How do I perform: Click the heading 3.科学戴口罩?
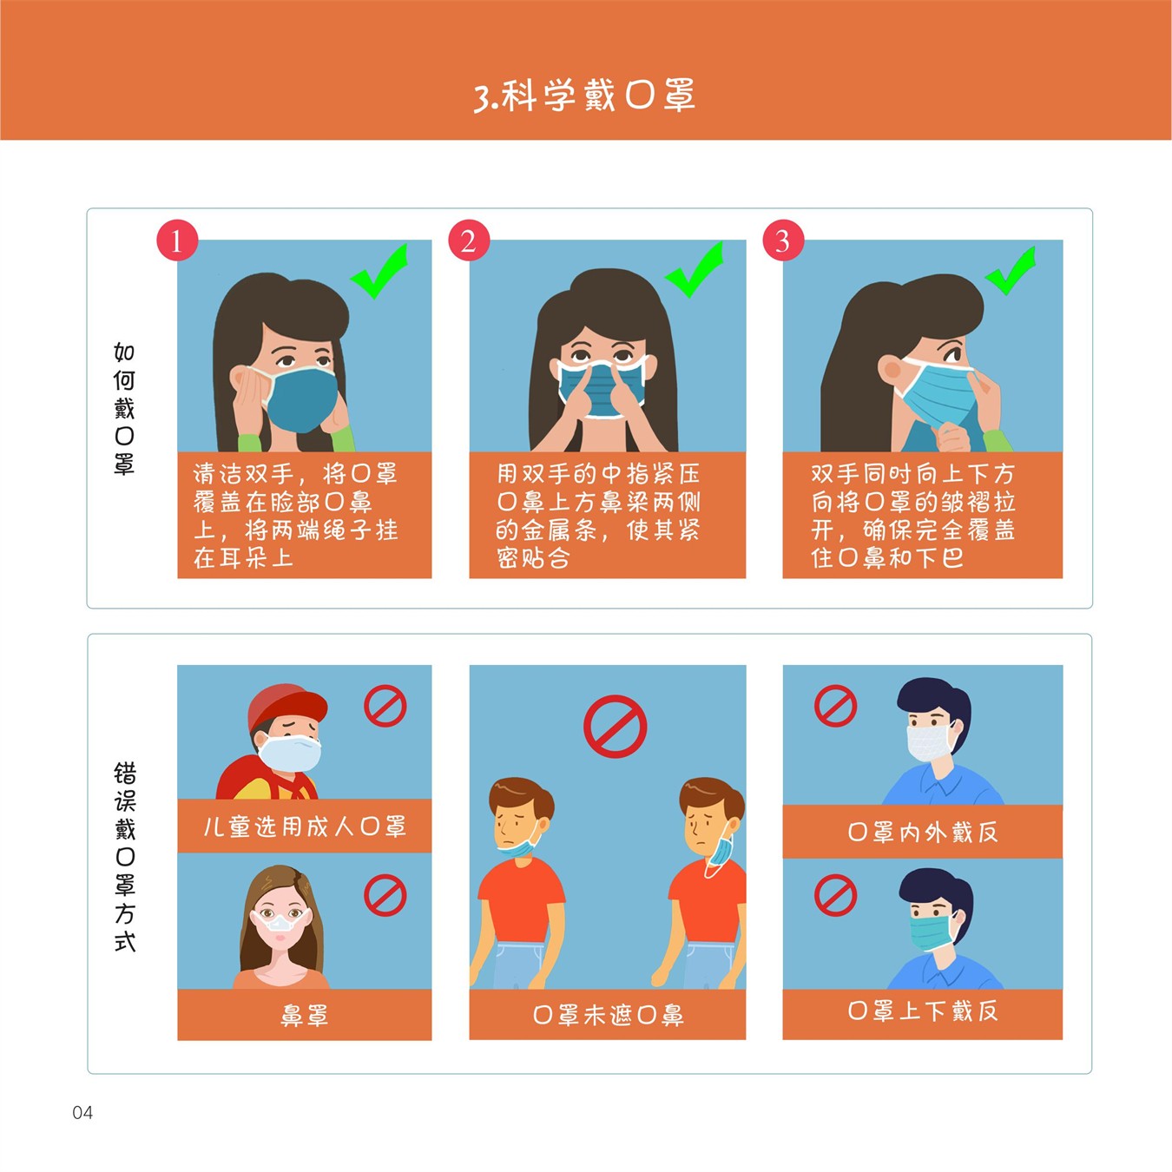coord(584,96)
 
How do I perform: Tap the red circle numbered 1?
coord(177,240)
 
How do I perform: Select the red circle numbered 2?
coord(469,240)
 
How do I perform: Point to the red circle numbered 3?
coord(783,240)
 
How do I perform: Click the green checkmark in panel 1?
coord(379,271)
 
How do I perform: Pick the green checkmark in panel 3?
coord(1011,271)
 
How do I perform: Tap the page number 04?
coord(82,1112)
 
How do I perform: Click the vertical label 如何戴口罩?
coord(124,408)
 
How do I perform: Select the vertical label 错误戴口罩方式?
coord(125,856)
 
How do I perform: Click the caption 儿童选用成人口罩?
coord(304,826)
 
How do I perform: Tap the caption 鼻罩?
coord(304,1015)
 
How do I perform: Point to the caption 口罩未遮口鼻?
coord(608,1015)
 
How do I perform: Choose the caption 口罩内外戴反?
coord(922,832)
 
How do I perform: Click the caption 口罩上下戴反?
coord(922,1011)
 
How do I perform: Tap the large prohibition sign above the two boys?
coord(615,726)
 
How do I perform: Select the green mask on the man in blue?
coord(931,932)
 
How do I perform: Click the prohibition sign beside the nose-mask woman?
coord(385,895)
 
